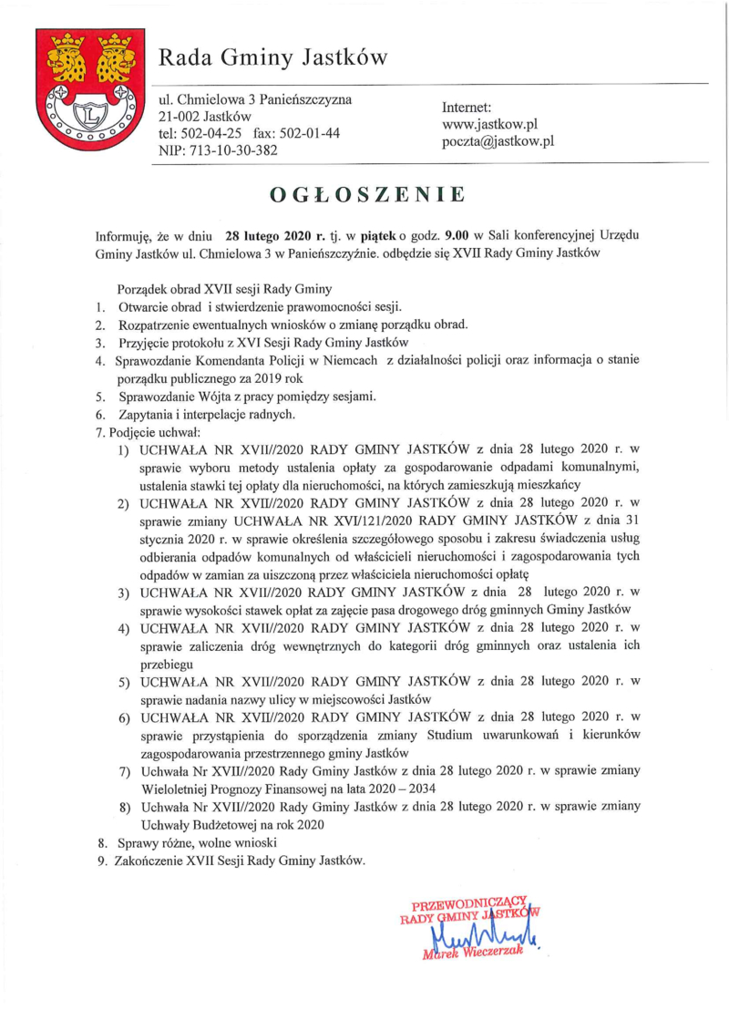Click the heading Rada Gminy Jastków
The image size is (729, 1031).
tap(273, 58)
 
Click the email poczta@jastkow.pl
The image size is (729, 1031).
tap(498, 141)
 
